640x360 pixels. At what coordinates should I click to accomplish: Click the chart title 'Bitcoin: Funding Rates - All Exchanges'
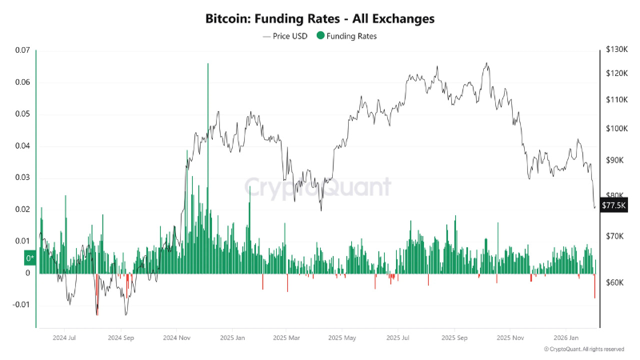pyautogui.click(x=319, y=17)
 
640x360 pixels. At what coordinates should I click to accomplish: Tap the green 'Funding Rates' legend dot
pyautogui.click(x=321, y=36)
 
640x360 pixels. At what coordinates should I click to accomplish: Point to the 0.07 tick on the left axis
pyautogui.click(x=22, y=50)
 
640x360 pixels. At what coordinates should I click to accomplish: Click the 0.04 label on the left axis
pyautogui.click(x=22, y=146)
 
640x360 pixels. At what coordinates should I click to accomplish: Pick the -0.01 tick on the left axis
pyautogui.click(x=20, y=305)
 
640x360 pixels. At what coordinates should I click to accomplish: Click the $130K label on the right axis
pyautogui.click(x=616, y=50)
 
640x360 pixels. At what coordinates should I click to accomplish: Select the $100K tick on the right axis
pyautogui.click(x=616, y=129)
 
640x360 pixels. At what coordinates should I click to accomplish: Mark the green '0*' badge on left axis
pyautogui.click(x=30, y=258)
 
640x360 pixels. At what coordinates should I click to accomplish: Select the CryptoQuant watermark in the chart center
pyautogui.click(x=318, y=187)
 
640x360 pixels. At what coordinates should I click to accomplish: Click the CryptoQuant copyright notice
pyautogui.click(x=584, y=350)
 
